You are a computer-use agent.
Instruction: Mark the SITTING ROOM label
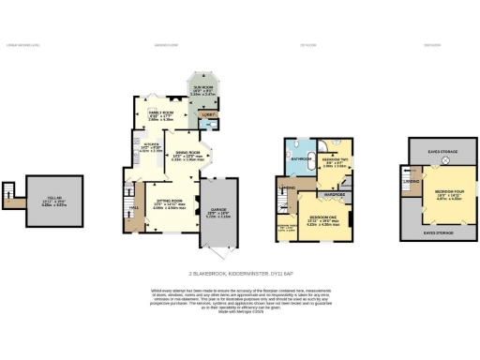pyautogui.click(x=169, y=202)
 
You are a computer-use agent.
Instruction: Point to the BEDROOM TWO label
pyautogui.click(x=332, y=159)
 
